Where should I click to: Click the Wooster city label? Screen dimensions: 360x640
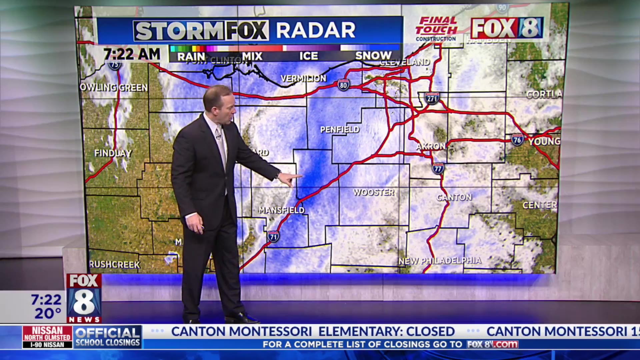[374, 192]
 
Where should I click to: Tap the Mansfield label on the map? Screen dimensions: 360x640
[282, 210]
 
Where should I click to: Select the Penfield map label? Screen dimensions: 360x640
[340, 129]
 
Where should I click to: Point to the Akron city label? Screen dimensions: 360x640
[431, 146]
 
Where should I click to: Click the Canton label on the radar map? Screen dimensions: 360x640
[454, 197]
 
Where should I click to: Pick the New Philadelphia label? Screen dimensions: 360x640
[440, 261]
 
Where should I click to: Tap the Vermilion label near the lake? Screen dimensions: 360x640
[303, 79]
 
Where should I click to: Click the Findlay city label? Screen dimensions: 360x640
[113, 153]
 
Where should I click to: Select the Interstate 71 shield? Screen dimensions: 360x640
[273, 237]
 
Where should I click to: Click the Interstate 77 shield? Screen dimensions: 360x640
[438, 169]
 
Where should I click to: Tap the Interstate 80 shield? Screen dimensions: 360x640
[343, 85]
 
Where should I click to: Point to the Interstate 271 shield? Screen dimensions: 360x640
[432, 98]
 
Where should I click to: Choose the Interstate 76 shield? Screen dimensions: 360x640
[517, 140]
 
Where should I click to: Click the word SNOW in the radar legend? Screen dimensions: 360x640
[373, 56]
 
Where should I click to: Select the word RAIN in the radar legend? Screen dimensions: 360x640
[191, 57]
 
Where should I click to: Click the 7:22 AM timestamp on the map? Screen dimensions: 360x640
[132, 54]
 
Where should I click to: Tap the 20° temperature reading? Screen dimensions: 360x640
[48, 314]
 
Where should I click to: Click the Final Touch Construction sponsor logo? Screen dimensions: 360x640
[436, 29]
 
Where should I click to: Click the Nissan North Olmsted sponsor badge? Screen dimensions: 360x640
[47, 337]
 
